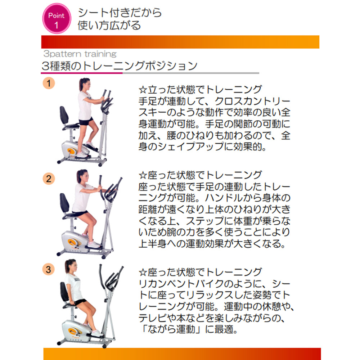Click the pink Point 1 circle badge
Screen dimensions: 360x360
(x=57, y=18)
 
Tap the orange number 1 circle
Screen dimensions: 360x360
(x=49, y=83)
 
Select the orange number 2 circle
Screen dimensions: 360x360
(x=49, y=179)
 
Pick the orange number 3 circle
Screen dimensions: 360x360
(x=49, y=269)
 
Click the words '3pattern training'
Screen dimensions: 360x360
(x=80, y=54)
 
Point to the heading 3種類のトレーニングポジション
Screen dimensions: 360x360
(x=120, y=66)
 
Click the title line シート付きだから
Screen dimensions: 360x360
(x=120, y=13)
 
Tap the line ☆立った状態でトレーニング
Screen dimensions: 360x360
(x=200, y=90)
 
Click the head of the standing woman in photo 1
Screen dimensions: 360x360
(x=85, y=84)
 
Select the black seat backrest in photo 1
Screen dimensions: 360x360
(x=64, y=115)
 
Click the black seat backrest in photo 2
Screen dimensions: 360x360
(x=64, y=202)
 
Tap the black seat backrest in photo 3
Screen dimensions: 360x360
(x=64, y=292)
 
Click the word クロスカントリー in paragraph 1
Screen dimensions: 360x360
(x=253, y=101)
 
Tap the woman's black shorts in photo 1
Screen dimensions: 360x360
(x=86, y=121)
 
